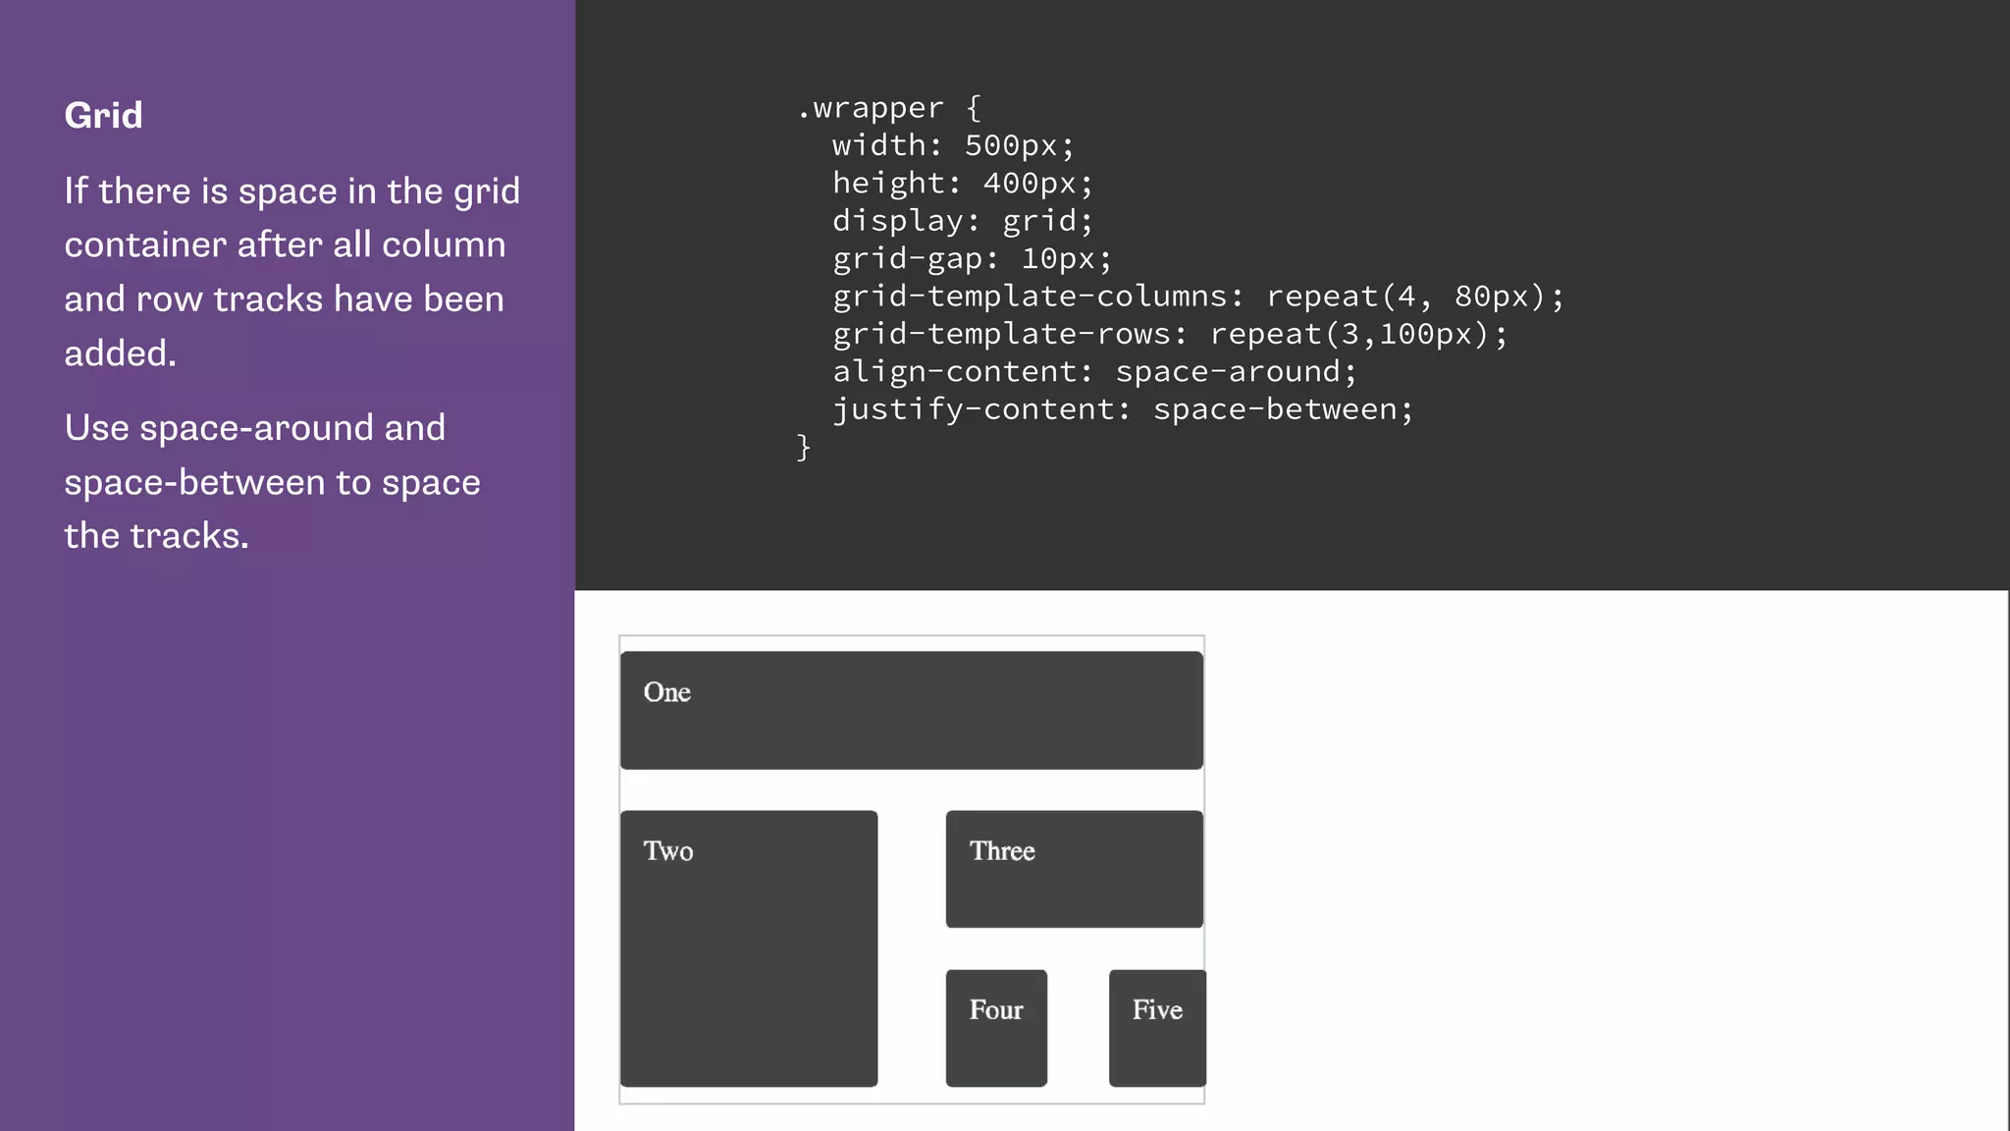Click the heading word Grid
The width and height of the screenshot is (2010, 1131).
[x=103, y=116]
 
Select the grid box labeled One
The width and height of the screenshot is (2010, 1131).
[x=911, y=710]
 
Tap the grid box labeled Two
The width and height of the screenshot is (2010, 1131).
[x=748, y=947]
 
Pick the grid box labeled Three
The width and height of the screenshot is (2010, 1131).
[x=1074, y=869]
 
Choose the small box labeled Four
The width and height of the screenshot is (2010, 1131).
[x=996, y=1027]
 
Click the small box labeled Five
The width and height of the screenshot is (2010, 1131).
[x=1157, y=1027]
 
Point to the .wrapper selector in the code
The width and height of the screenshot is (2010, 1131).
[x=870, y=108]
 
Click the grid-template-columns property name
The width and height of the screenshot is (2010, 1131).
[x=1030, y=296]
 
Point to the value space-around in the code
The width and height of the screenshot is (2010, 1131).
[x=1228, y=372]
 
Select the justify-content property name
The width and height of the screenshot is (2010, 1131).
[x=973, y=409]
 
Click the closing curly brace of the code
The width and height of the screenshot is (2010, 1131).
[x=804, y=448]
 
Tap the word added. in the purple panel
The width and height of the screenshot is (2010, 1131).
[x=120, y=353]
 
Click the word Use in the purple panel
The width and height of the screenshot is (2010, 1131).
[x=96, y=428]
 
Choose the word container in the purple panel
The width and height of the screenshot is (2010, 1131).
[x=145, y=245]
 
